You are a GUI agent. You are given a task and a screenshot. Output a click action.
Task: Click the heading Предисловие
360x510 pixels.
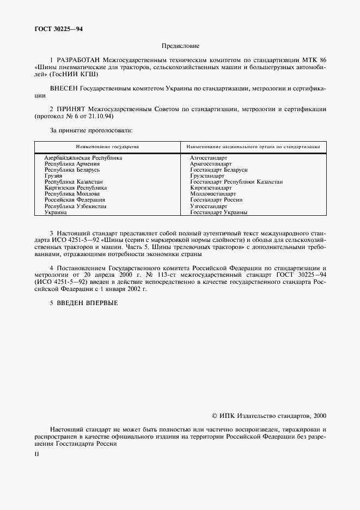pyautogui.click(x=180, y=46)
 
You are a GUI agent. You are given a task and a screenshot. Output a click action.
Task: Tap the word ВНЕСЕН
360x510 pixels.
pyautogui.click(x=64, y=88)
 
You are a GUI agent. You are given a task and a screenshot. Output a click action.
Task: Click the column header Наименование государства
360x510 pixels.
pyautogui.click(x=107, y=147)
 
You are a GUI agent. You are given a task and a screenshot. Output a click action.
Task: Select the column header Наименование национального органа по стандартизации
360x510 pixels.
pyautogui.click(x=253, y=147)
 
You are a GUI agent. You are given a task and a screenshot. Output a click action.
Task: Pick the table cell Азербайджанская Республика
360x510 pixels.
pyautogui.click(x=83, y=157)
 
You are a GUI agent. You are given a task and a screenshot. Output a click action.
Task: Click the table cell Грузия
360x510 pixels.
pyautogui.click(x=53, y=176)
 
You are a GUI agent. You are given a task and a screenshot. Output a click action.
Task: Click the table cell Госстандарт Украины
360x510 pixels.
pyautogui.click(x=218, y=212)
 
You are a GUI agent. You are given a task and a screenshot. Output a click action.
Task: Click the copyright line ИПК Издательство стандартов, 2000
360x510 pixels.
pyautogui.click(x=269, y=415)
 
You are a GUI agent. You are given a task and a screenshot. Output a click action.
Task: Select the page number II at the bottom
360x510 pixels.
pyautogui.click(x=36, y=453)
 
